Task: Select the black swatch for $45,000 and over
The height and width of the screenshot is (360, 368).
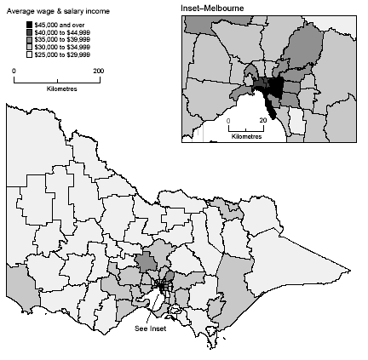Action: [29, 23]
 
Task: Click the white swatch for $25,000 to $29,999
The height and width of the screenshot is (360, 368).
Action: [29, 54]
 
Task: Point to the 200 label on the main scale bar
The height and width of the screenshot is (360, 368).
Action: [99, 71]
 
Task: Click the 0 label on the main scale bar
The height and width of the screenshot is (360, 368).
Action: [15, 71]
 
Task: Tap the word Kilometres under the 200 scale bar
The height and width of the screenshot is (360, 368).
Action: [56, 89]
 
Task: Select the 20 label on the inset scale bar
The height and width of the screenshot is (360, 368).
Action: [262, 121]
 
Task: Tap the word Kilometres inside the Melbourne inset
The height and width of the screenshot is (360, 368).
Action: [247, 135]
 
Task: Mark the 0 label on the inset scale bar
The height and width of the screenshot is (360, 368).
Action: [230, 121]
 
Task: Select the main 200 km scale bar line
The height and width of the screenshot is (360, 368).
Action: [56, 80]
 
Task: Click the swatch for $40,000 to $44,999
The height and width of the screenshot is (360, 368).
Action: [29, 31]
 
